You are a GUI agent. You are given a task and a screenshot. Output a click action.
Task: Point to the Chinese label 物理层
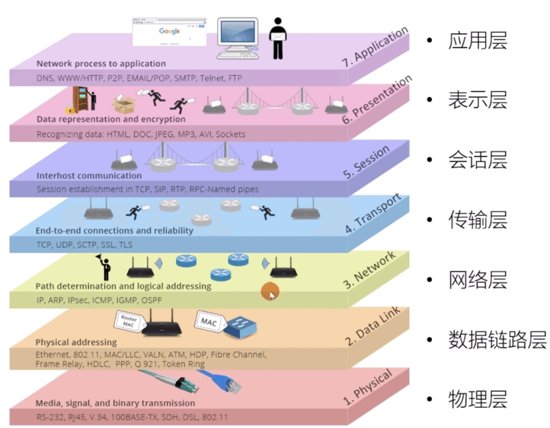(x=478, y=399)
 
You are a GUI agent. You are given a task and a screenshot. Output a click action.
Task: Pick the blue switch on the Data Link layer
(x=242, y=328)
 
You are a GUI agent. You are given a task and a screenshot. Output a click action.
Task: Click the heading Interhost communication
(x=89, y=175)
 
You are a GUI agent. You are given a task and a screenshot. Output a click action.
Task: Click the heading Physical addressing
(x=76, y=342)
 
